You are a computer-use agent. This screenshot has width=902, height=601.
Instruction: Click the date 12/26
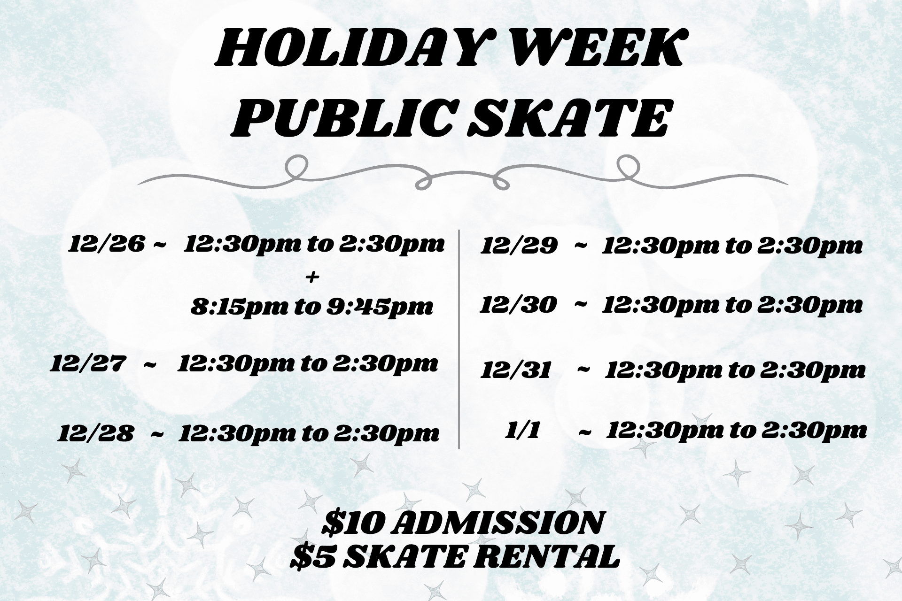107,245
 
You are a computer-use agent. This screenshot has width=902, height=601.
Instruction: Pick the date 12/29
519,246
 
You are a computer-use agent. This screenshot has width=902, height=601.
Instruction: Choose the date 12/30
518,305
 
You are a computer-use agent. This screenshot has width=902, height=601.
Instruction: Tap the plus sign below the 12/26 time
312,277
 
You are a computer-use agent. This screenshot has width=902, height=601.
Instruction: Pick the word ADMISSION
496,523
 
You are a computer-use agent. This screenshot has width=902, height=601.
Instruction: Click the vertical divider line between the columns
459,338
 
